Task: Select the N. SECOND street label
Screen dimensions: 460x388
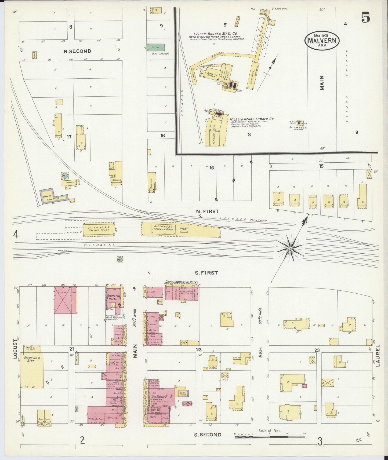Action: tap(77, 51)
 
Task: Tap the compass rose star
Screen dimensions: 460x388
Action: tap(290, 249)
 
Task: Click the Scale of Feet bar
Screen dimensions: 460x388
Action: tap(270, 437)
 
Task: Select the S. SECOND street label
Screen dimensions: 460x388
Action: tap(208, 442)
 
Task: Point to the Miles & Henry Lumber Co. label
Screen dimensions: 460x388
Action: tap(252, 119)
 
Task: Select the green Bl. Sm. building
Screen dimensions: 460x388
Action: tap(155, 48)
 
